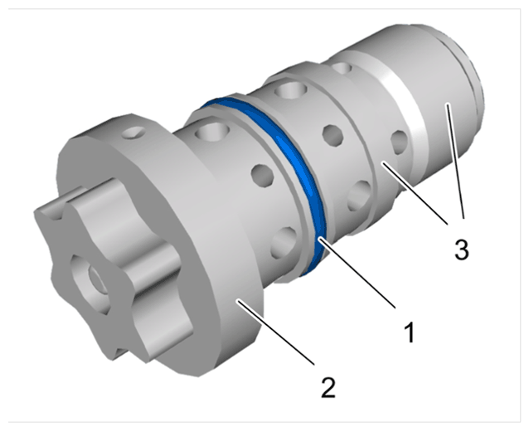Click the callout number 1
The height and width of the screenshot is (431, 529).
click(x=410, y=332)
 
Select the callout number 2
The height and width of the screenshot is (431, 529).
click(x=328, y=388)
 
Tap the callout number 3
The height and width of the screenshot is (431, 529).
click(x=462, y=249)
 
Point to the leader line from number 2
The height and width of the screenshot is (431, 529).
click(x=276, y=332)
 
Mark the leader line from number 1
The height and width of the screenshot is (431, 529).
click(x=357, y=273)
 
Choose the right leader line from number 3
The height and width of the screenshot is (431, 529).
click(x=455, y=161)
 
